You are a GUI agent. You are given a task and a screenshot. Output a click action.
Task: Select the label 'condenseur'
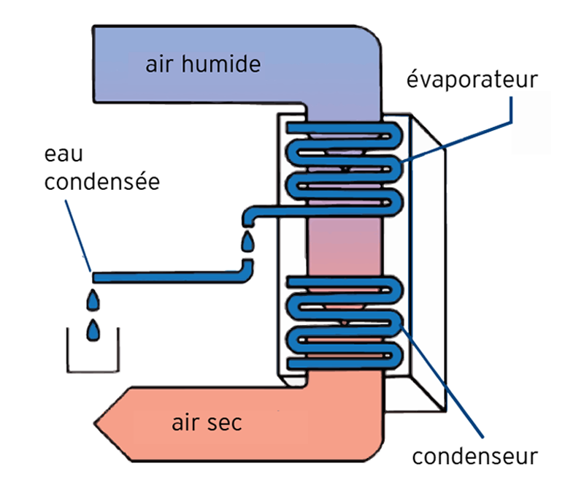(x=474, y=457)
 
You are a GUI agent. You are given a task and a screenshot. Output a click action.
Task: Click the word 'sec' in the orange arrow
(x=226, y=423)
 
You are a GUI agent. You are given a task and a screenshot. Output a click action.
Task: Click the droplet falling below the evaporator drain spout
(x=248, y=240)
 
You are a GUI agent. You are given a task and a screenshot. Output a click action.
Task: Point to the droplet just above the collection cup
(x=93, y=300)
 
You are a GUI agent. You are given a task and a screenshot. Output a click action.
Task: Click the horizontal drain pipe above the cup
(x=168, y=277)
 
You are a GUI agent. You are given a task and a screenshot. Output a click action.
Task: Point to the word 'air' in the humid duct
(x=158, y=64)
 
